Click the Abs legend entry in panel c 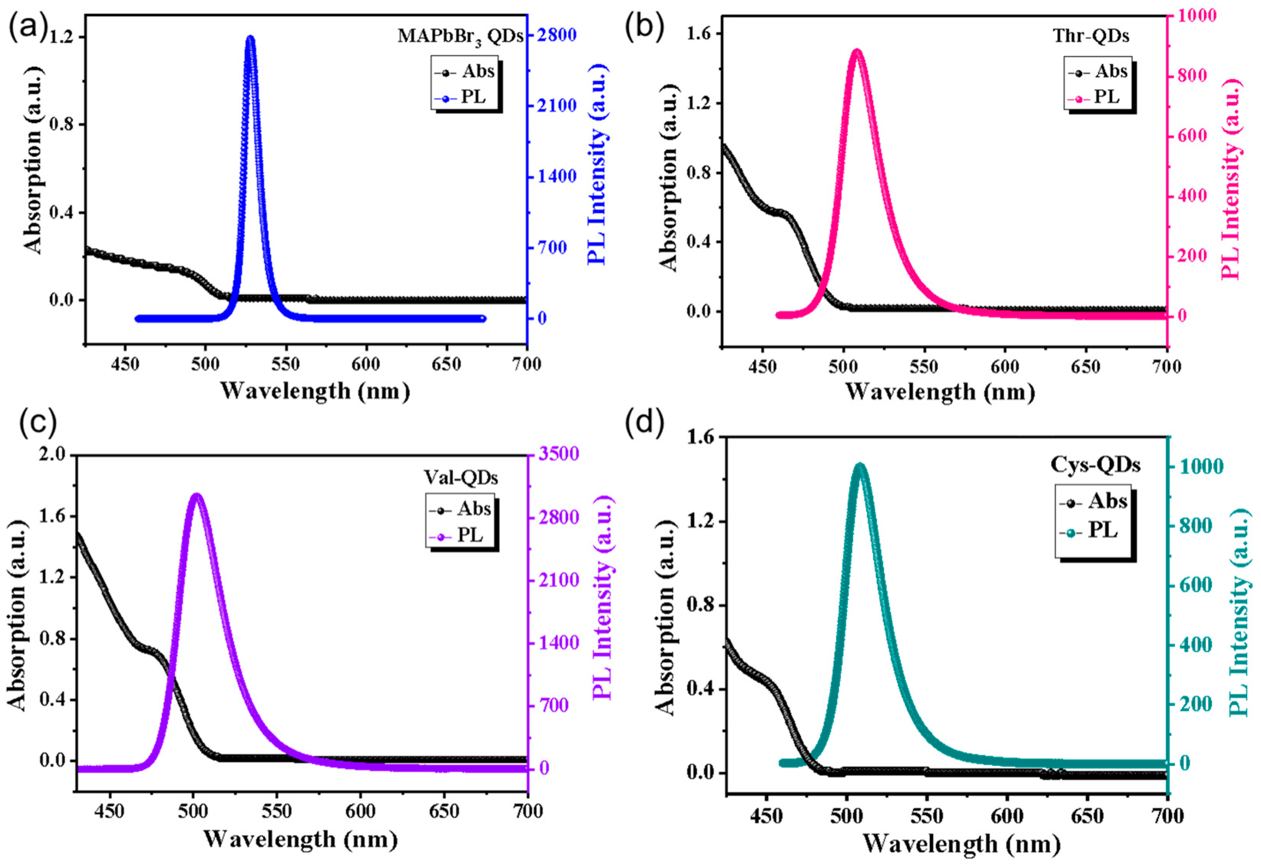tap(461, 509)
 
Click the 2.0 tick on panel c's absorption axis tap(53, 454)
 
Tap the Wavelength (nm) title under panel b tap(940, 391)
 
